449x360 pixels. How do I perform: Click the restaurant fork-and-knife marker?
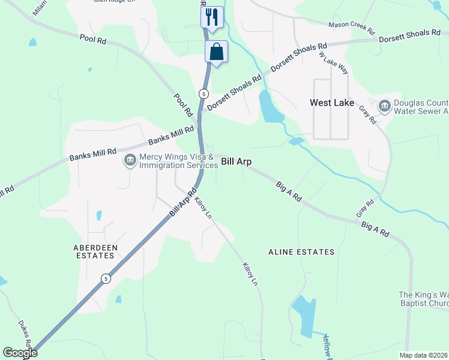click(211, 17)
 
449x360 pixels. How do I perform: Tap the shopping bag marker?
click(216, 52)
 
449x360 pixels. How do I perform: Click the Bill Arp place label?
click(236, 161)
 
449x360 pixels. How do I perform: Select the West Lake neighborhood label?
click(331, 103)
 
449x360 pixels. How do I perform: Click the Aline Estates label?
click(301, 253)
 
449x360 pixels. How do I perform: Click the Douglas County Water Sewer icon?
click(384, 107)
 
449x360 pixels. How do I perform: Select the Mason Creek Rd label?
click(351, 28)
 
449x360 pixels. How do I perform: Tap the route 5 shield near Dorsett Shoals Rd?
click(204, 94)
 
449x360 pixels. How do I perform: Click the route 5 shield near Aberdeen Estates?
click(106, 278)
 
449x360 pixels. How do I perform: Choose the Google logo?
click(20, 353)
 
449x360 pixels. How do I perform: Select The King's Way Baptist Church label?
click(424, 299)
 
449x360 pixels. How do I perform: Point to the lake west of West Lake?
click(270, 107)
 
